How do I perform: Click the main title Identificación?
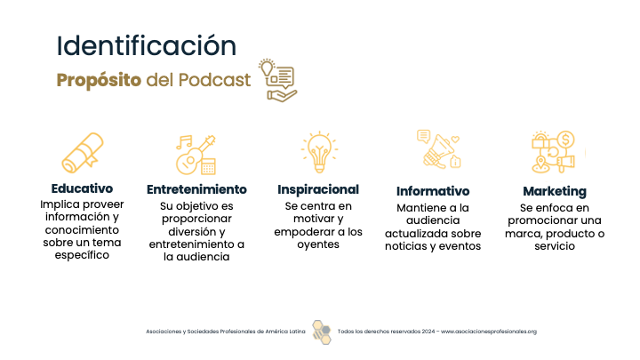tap(146, 45)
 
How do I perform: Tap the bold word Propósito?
tap(99, 80)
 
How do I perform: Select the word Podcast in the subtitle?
tap(215, 80)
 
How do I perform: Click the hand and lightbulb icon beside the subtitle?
tap(277, 80)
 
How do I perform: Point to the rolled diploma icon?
tap(83, 153)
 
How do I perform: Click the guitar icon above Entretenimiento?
tap(196, 155)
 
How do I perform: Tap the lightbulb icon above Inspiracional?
tap(319, 152)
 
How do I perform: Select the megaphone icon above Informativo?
tap(439, 149)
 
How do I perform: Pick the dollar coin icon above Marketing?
tap(565, 140)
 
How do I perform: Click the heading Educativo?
tap(82, 188)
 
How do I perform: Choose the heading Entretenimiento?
tap(196, 189)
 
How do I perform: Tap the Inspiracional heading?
tap(318, 189)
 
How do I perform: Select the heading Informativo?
tap(433, 191)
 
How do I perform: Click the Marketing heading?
tap(555, 191)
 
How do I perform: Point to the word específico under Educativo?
tap(82, 255)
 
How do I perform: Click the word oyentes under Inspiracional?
tap(318, 244)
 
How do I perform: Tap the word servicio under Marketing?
tap(555, 246)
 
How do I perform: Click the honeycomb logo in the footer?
tap(322, 332)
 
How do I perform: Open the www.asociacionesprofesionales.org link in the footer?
tap(489, 332)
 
